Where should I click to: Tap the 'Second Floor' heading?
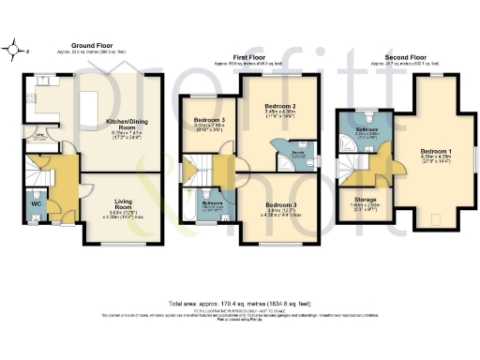point(393,57)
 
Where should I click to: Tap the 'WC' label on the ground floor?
point(35,202)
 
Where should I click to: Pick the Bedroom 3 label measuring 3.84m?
point(279,205)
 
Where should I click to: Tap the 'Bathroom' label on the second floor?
point(367,129)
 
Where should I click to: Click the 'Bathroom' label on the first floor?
point(212,203)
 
